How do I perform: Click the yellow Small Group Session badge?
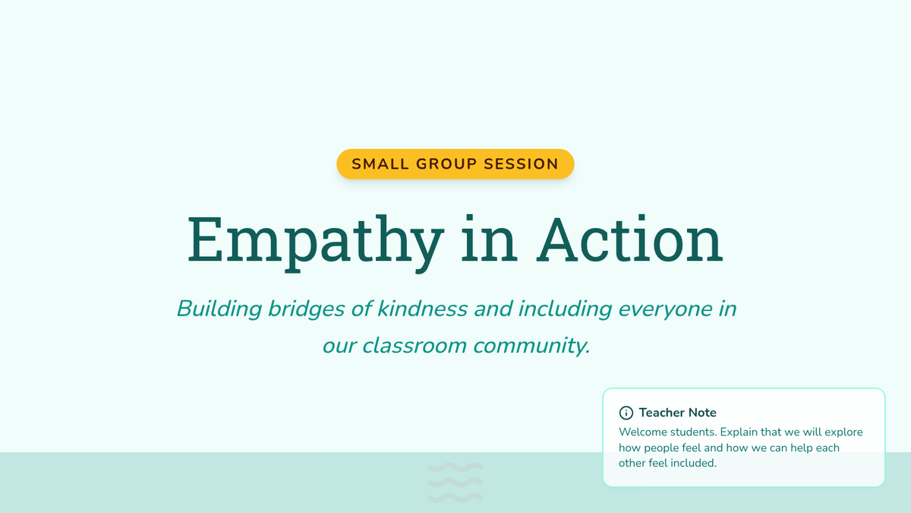455,164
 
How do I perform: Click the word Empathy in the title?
315,243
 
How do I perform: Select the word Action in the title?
629,239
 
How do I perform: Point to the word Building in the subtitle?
219,309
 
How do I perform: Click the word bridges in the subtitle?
306,309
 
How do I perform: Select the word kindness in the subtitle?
422,309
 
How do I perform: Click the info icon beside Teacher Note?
626,413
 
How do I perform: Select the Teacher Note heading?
677,413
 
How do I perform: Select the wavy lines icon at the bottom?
455,483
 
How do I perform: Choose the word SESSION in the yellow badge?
521,164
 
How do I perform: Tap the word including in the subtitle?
565,309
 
